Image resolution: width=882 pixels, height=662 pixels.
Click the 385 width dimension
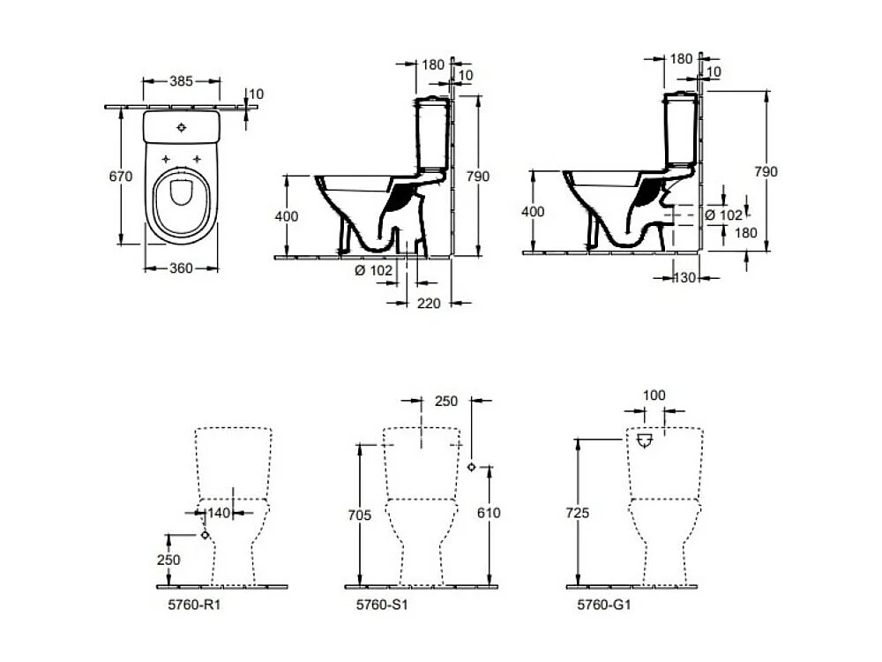click(x=181, y=80)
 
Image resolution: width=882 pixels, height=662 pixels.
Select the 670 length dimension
click(x=121, y=177)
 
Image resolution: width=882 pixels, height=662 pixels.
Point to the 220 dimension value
click(x=429, y=303)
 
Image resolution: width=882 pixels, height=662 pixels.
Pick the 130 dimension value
click(x=684, y=278)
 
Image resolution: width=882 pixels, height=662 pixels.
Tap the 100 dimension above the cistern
click(x=654, y=395)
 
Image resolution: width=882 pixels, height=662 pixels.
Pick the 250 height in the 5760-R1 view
click(x=169, y=560)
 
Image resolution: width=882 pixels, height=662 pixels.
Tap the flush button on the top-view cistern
click(x=182, y=127)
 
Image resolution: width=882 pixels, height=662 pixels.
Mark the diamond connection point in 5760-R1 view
click(x=205, y=535)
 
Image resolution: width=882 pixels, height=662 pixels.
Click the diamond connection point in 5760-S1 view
click(x=473, y=467)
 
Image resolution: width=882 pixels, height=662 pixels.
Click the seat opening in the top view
click(x=182, y=192)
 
